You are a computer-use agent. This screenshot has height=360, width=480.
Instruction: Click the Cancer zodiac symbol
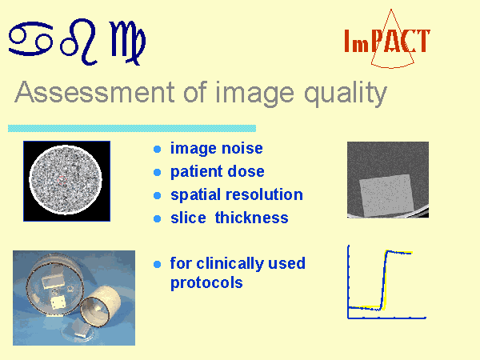pyautogui.click(x=30, y=38)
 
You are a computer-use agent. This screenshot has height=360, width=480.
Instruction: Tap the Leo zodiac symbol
pyautogui.click(x=79, y=42)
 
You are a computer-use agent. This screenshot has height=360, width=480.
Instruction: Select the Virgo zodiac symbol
pyautogui.click(x=128, y=43)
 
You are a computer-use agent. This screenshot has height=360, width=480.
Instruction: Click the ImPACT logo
pyautogui.click(x=387, y=40)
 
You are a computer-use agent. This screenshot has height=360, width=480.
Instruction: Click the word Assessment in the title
pyautogui.click(x=94, y=92)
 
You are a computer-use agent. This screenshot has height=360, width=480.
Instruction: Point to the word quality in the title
pyautogui.click(x=346, y=94)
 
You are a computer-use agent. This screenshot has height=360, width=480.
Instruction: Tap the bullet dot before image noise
pyautogui.click(x=157, y=149)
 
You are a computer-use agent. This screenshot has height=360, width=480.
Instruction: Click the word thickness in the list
pyautogui.click(x=252, y=218)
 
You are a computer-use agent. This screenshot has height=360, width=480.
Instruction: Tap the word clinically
pyautogui.click(x=231, y=264)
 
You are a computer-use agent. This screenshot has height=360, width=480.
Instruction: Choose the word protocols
pyautogui.click(x=206, y=283)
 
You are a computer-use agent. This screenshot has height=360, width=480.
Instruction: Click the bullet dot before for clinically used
pyautogui.click(x=157, y=264)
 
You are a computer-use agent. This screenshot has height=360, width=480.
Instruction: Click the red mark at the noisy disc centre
pyautogui.click(x=62, y=180)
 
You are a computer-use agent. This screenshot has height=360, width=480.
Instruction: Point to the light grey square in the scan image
pyautogui.click(x=386, y=195)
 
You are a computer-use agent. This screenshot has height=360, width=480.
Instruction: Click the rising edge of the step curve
pyautogui.click(x=384, y=280)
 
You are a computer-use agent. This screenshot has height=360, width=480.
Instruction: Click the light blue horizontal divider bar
pyautogui.click(x=132, y=128)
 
